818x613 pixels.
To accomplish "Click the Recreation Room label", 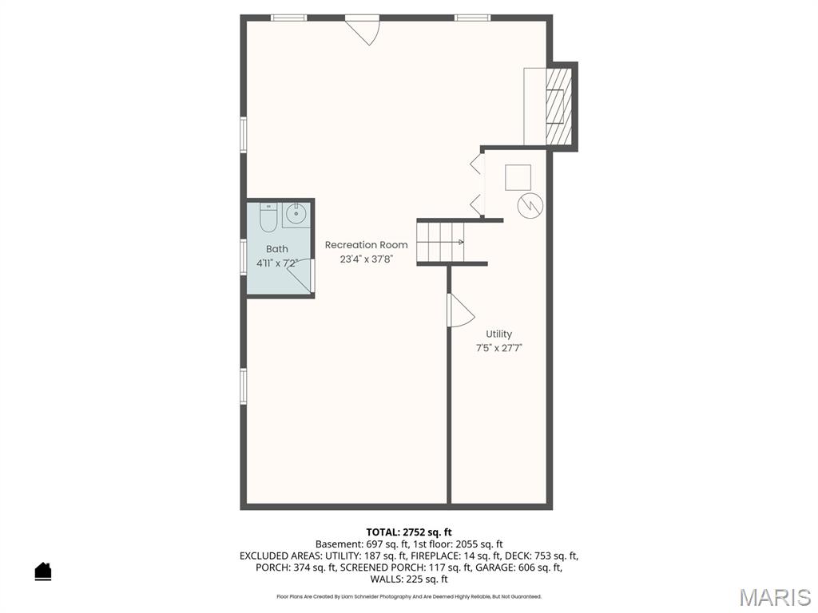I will (x=366, y=245).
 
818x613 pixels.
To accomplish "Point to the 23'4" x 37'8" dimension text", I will (x=366, y=259).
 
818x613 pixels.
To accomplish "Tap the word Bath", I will (x=277, y=249).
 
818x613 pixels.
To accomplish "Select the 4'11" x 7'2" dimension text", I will (x=277, y=263).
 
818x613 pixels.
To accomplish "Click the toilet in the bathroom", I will (x=267, y=216).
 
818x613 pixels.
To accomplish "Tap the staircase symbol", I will (x=441, y=241).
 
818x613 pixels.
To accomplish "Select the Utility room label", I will (x=499, y=334).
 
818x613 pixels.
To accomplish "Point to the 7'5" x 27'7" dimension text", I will (x=499, y=348).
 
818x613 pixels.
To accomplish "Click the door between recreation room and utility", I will (x=459, y=311).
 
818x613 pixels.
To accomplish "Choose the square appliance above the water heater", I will (x=518, y=177).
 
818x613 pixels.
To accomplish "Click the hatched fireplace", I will (x=558, y=106).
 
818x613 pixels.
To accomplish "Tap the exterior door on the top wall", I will (x=364, y=29).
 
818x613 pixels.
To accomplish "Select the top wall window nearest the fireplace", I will (x=472, y=18).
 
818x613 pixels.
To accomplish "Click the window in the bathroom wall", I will (x=244, y=257).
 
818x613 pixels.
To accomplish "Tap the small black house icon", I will (x=43, y=571).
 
